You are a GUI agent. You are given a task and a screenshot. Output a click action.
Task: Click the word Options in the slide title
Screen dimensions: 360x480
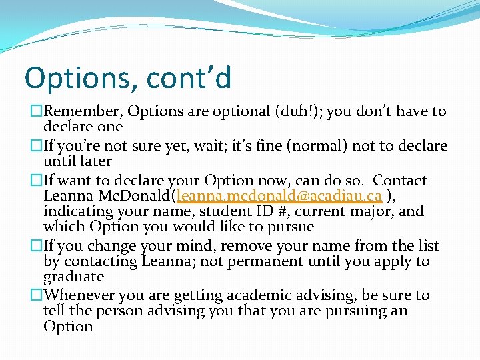[x=73, y=77]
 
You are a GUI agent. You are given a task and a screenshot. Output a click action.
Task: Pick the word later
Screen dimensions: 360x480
[x=95, y=161]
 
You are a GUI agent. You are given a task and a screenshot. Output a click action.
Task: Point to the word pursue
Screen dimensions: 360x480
[x=291, y=227]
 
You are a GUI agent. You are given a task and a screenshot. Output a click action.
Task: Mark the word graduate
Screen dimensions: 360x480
[x=73, y=277]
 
